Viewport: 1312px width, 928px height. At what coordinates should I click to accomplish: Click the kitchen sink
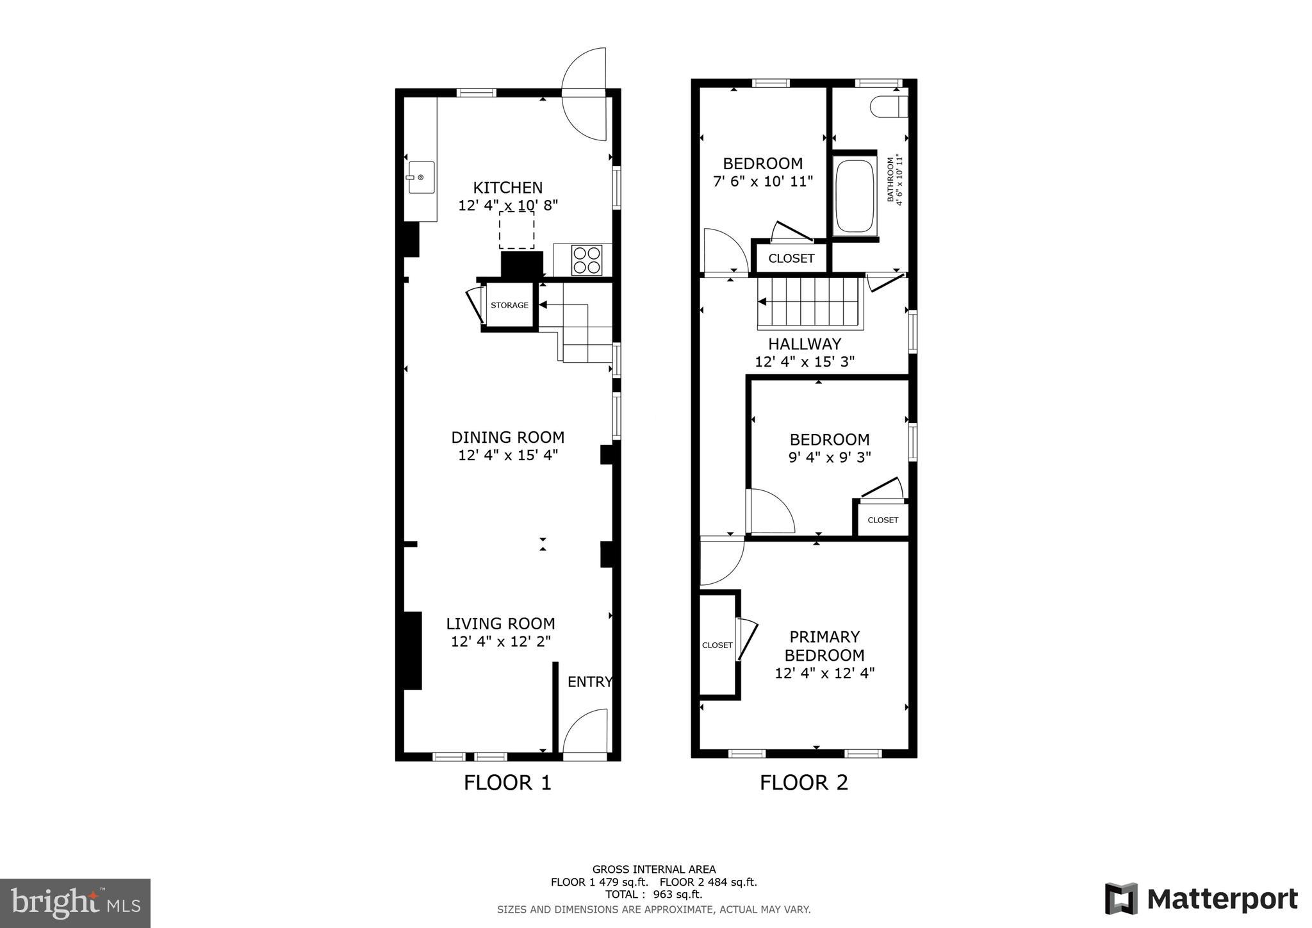pos(421,178)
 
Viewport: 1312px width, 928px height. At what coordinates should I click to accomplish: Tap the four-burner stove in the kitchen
pos(587,260)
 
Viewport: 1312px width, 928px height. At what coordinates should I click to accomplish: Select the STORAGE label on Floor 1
pos(509,305)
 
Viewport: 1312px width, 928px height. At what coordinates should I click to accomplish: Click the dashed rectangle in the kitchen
pos(516,230)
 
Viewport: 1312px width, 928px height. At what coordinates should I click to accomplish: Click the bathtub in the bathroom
pos(855,196)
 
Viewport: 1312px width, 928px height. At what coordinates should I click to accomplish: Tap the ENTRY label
pos(589,682)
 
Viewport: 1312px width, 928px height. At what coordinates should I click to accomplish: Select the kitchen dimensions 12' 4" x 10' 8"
pos(508,206)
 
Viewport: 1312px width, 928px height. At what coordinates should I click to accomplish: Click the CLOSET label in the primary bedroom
pos(717,645)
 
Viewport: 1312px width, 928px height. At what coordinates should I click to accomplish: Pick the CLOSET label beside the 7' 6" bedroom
pos(791,258)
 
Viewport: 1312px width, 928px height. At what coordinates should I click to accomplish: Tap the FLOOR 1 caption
pos(507,783)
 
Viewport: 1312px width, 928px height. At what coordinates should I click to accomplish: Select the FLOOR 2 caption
pos(803,783)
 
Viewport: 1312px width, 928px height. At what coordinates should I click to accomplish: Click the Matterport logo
pos(1201,899)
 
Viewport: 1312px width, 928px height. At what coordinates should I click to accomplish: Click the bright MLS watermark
pos(75,904)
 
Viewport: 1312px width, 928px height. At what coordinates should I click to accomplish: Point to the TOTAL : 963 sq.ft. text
pos(653,894)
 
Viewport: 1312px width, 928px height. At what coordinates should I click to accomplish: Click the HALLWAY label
pos(804,344)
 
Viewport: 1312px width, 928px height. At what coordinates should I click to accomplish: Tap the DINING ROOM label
pos(507,438)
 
